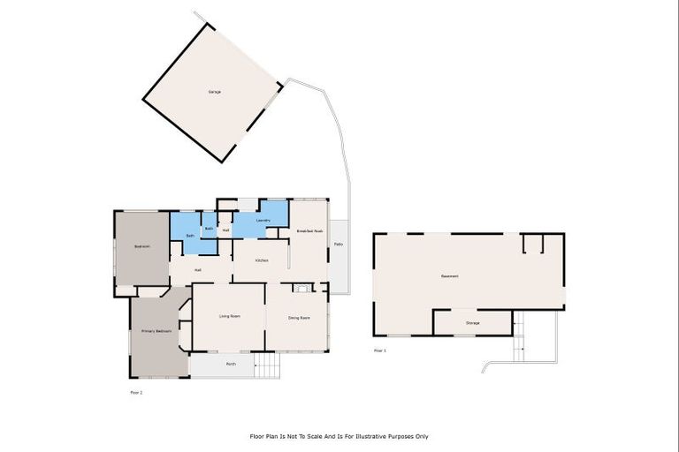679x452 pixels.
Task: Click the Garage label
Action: click(x=214, y=92)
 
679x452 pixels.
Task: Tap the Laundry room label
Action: click(x=263, y=221)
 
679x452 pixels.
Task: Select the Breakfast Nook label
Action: click(x=309, y=230)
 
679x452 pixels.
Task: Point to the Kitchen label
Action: click(x=262, y=260)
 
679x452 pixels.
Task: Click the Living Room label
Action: click(x=230, y=316)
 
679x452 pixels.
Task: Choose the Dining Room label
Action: click(x=299, y=317)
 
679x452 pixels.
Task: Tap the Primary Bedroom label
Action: click(x=156, y=331)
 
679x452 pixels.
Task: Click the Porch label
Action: click(x=231, y=364)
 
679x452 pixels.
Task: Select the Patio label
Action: click(x=339, y=244)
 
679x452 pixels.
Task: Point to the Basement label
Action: click(x=449, y=275)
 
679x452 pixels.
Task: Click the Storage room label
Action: click(x=473, y=323)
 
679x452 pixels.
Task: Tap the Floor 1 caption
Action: click(x=380, y=350)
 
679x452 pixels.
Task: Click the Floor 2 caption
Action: click(x=136, y=391)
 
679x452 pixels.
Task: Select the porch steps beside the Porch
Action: click(x=267, y=365)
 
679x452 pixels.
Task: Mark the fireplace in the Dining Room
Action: click(x=302, y=287)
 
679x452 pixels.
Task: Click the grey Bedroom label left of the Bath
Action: click(x=141, y=246)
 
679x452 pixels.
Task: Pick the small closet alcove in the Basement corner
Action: click(x=532, y=244)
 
